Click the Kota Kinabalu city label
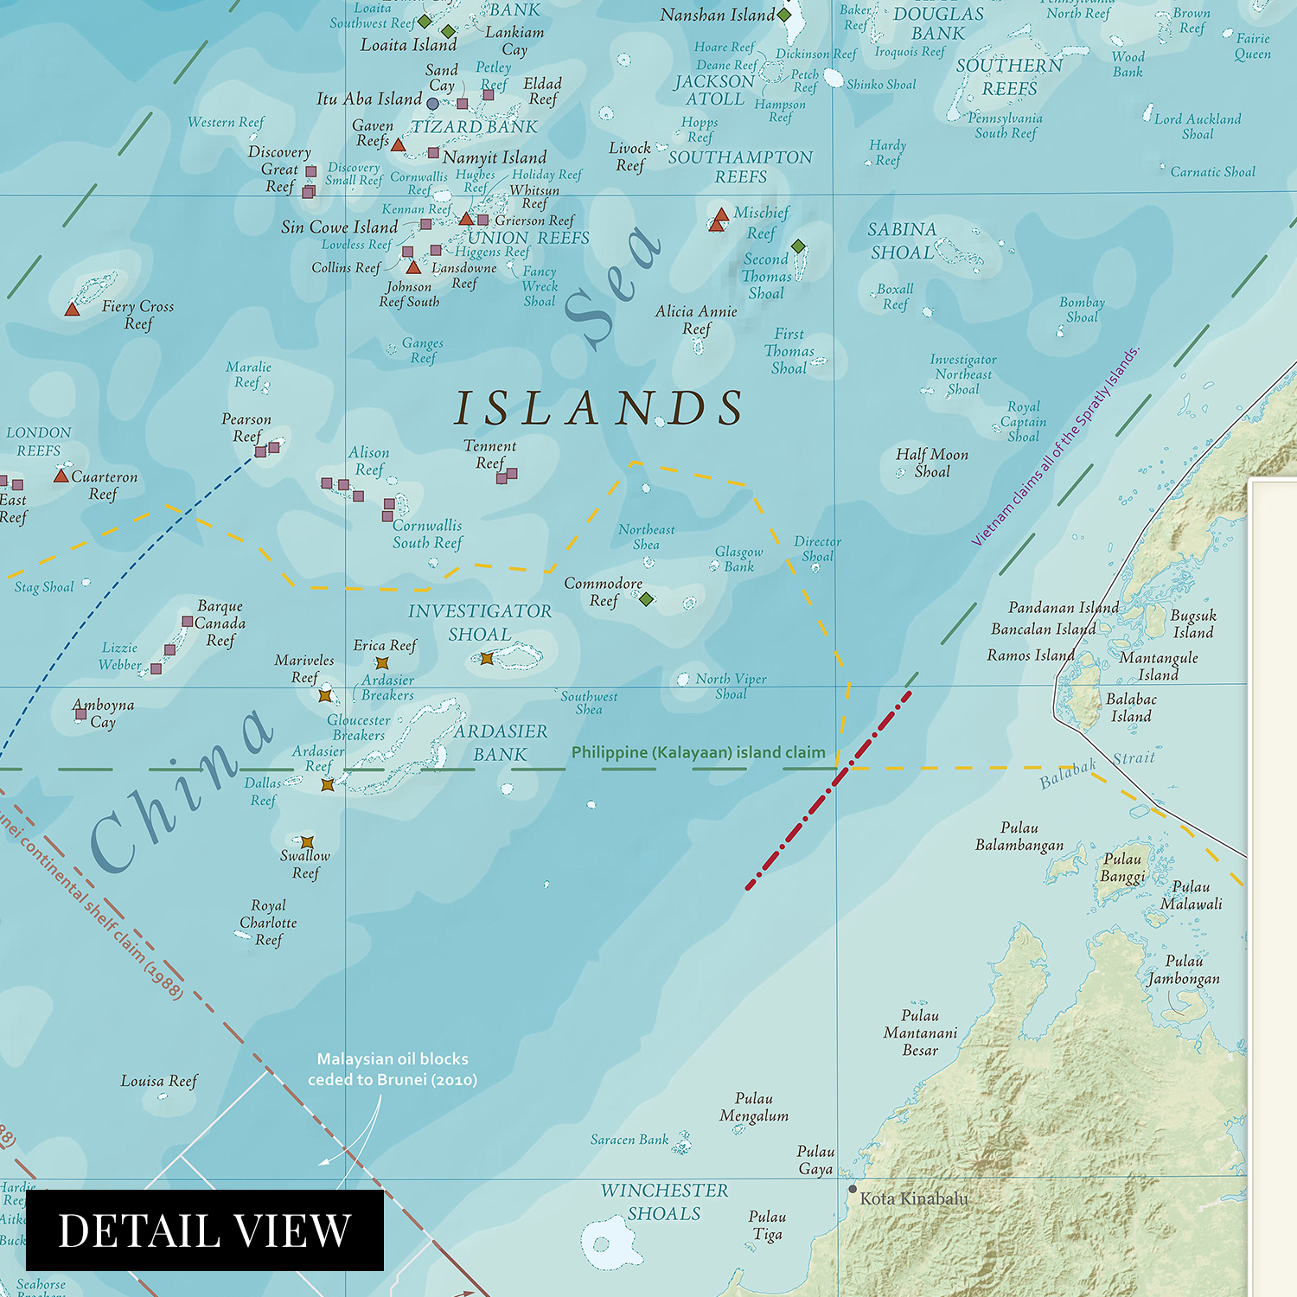914,1198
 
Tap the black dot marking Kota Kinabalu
853,1189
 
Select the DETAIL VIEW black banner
205,1230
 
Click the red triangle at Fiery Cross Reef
73,309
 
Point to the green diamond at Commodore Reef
646,598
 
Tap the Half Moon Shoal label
932,463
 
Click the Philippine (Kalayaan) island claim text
698,752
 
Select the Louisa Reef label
159,1081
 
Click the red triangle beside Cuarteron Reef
61,476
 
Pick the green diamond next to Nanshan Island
784,15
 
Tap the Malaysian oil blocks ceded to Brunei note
393,1069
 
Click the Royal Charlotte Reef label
268,923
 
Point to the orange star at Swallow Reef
307,841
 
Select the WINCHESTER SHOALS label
664,1202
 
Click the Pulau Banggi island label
1122,867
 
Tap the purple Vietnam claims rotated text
1056,446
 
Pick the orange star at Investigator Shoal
487,658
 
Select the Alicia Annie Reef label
696,320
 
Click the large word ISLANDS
599,408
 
